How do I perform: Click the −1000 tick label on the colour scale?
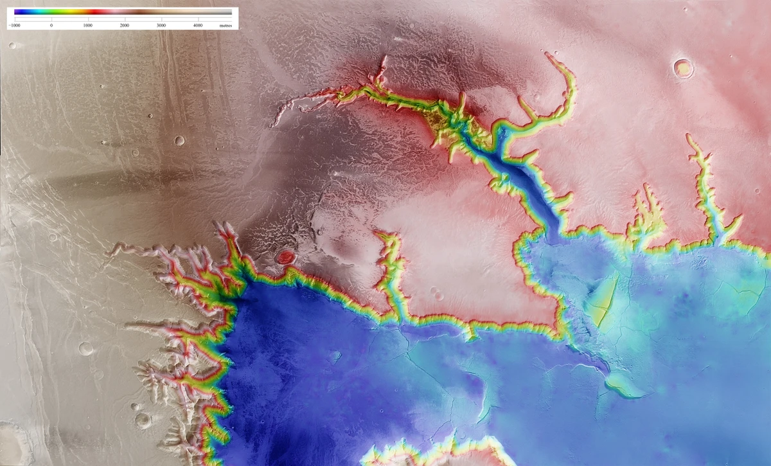pos(14,25)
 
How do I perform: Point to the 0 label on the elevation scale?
pos(51,25)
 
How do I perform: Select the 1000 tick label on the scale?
pos(88,25)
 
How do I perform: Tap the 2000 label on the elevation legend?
pos(125,25)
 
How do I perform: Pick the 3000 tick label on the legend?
pos(161,25)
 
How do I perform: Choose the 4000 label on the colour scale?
pos(198,25)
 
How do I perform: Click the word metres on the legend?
pos(226,25)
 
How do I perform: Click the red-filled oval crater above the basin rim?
pos(286,258)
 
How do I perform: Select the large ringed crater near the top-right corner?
pos(683,67)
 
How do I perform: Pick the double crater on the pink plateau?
pos(438,295)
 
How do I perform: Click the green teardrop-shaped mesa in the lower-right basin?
pos(622,385)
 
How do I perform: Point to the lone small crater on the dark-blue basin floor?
pos(335,355)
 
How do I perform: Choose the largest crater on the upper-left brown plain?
pos(179,140)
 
